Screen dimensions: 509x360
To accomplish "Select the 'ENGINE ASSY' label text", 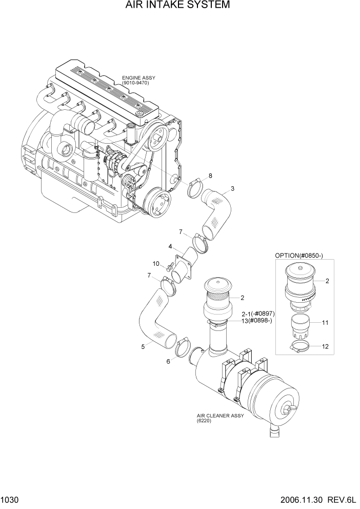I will point(138,78).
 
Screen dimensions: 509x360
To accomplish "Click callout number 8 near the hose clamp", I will point(210,176).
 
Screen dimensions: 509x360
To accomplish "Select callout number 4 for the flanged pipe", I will point(170,246).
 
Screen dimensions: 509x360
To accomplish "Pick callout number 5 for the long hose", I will point(143,347).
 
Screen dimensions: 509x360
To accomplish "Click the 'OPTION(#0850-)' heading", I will point(303,255).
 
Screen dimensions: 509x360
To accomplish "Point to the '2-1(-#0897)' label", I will point(259,314).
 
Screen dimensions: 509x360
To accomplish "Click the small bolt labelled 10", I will point(169,268).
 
